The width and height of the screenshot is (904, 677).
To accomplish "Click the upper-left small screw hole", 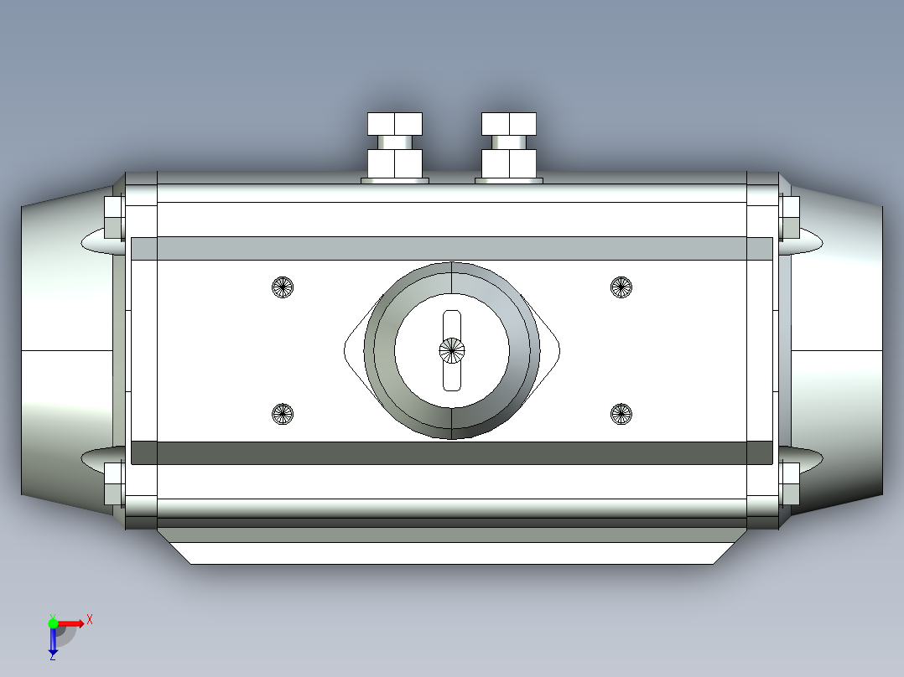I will click(x=283, y=287).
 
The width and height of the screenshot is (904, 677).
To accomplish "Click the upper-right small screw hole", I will click(x=621, y=287).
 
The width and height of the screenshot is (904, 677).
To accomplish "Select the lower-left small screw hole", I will click(x=283, y=413).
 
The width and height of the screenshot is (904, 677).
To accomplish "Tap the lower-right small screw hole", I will click(x=621, y=413).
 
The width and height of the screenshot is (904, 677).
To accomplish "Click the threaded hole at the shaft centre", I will click(x=452, y=350).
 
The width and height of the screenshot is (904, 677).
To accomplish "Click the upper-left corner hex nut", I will click(x=114, y=217).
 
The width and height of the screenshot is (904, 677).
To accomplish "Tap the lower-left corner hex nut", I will click(x=114, y=484).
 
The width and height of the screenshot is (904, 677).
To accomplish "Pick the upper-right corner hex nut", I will click(x=789, y=217).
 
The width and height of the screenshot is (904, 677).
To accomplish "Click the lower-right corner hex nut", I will click(x=789, y=484).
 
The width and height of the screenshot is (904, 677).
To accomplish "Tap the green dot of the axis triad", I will click(x=53, y=623).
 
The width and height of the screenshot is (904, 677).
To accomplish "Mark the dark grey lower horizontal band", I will click(x=452, y=452).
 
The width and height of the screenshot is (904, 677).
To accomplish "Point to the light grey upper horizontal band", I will click(x=452, y=248).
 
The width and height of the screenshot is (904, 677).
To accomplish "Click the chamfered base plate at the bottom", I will click(x=452, y=552).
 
